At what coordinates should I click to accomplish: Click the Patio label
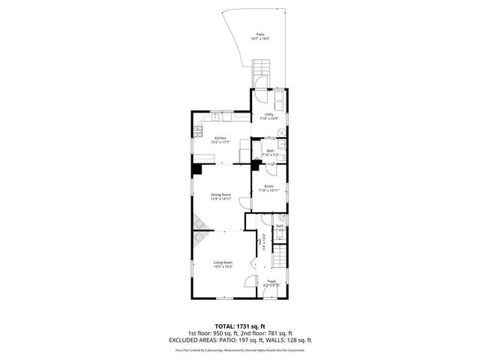[260, 36]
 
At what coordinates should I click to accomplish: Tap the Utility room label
[269, 116]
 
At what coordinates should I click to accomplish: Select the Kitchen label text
[220, 139]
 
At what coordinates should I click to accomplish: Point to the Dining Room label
[220, 196]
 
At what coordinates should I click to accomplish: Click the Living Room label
[223, 264]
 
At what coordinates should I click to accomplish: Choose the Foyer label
[271, 283]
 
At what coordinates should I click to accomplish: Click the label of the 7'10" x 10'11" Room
[268, 188]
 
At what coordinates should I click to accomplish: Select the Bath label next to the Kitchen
[268, 152]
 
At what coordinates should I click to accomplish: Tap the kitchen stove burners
[198, 132]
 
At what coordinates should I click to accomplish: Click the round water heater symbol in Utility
[282, 133]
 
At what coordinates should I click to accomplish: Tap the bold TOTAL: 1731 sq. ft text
[239, 326]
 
